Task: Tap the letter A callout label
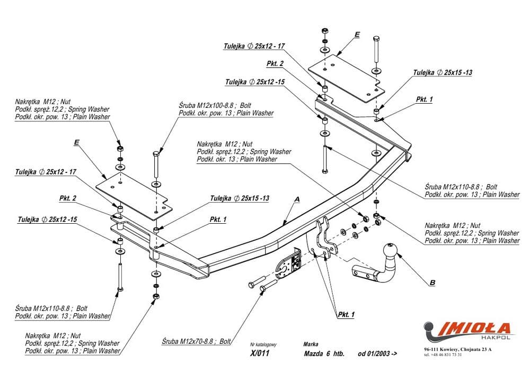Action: (297, 199)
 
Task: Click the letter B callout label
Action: (432, 283)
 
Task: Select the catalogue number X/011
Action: (260, 353)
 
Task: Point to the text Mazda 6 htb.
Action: (324, 354)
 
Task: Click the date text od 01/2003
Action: (377, 354)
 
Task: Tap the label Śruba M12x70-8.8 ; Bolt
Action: (196, 341)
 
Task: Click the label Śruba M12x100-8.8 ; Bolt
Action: (215, 105)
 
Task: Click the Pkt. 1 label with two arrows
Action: (346, 315)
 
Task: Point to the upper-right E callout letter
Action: (357, 34)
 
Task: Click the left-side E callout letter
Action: (76, 143)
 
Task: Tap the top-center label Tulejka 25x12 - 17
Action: (254, 46)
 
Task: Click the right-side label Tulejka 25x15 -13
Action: (443, 72)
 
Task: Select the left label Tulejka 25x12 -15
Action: (47, 220)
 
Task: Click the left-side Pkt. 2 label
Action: (68, 198)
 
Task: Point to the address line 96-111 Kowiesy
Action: (457, 349)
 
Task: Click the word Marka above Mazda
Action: (311, 344)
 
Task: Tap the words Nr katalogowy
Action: (263, 345)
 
